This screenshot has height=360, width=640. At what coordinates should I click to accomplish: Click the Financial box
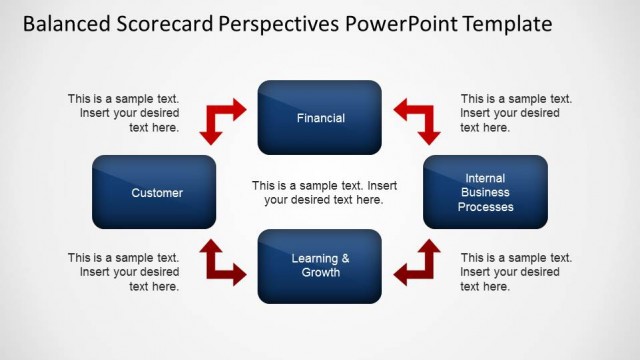tap(320, 118)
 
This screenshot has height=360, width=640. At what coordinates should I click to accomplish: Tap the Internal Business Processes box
tap(485, 192)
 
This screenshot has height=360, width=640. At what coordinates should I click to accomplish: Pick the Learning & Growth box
tap(320, 266)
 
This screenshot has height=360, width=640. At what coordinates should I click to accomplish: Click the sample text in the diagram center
tap(324, 193)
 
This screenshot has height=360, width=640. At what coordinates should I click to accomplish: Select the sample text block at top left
tap(124, 113)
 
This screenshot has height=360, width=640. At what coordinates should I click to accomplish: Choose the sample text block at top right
tap(516, 113)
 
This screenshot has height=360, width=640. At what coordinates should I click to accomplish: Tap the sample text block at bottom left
tap(124, 272)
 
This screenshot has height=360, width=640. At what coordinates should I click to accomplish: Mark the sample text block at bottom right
tap(516, 272)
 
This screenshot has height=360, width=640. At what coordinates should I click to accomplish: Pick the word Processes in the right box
tap(486, 207)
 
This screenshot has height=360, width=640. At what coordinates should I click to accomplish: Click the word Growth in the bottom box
tap(321, 272)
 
